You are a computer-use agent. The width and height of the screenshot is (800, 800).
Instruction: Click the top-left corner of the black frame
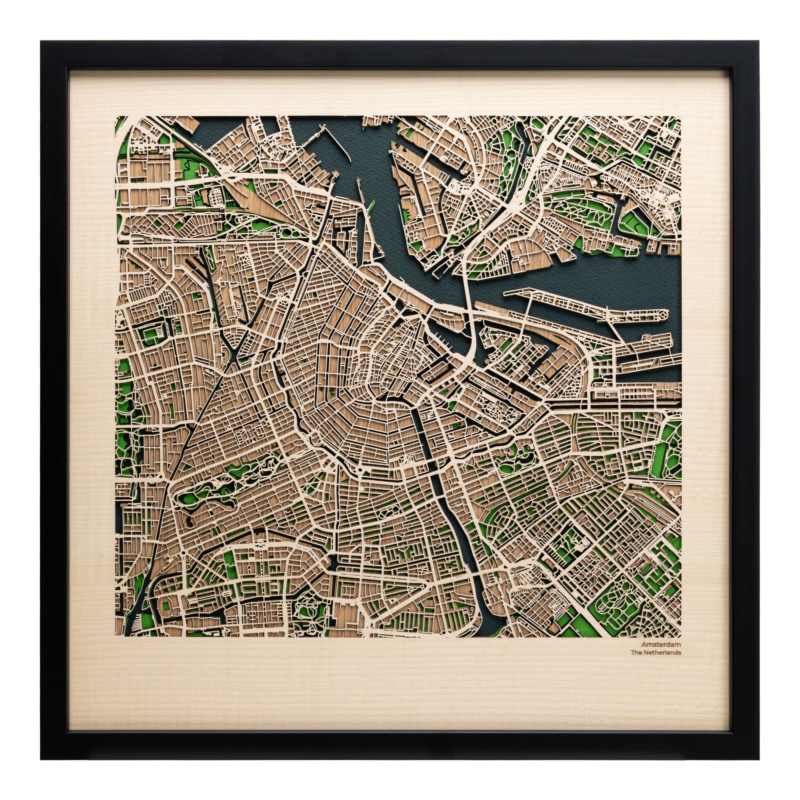(42, 42)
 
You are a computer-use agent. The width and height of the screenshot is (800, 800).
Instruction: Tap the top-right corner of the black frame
(760, 42)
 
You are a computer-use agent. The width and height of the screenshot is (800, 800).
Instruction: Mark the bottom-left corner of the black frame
(42, 760)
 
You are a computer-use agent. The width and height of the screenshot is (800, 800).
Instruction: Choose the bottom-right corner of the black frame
(760, 760)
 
